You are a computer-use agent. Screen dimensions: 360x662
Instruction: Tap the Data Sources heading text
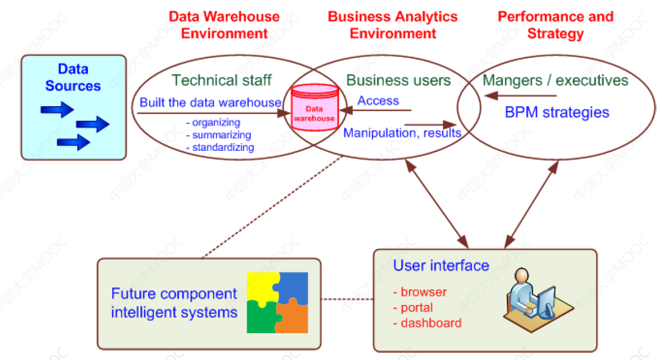[x=73, y=78]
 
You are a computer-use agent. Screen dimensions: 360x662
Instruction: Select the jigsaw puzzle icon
[x=277, y=302]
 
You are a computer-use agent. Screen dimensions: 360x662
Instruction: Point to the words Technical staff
[x=222, y=80]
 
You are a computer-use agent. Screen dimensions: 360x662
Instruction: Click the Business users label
[x=398, y=81]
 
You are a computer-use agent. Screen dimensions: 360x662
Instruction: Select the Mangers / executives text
[x=555, y=81]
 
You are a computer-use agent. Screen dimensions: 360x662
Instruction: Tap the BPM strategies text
[x=557, y=113]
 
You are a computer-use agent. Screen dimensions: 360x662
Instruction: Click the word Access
[x=378, y=101]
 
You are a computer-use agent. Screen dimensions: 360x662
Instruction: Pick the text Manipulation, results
[x=402, y=133]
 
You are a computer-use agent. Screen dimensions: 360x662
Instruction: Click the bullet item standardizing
[x=220, y=148]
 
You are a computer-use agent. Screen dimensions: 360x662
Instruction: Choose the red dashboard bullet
[x=428, y=323]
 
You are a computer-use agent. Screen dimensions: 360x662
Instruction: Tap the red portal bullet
[x=414, y=308]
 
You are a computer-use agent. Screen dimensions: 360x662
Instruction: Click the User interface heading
[x=441, y=266]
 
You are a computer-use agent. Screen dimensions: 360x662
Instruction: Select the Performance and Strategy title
[x=555, y=25]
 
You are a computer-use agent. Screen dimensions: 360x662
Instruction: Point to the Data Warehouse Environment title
[x=224, y=25]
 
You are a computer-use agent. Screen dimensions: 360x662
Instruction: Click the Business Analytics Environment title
[x=393, y=25]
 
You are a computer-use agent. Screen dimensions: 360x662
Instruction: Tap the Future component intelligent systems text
[x=174, y=303]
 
